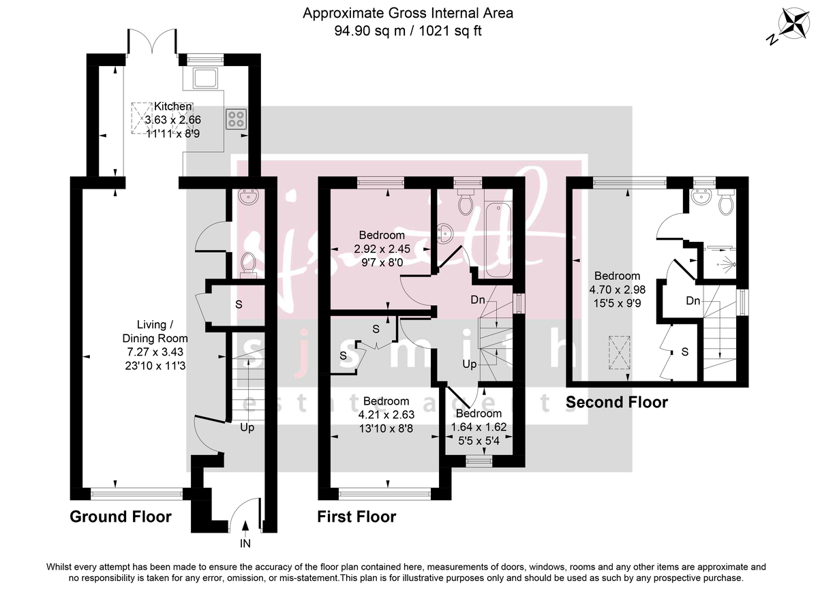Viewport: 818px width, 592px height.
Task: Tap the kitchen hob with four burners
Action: [x=236, y=120]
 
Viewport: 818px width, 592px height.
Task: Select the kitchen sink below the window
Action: [x=204, y=78]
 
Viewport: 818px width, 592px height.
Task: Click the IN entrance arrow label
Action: [x=245, y=544]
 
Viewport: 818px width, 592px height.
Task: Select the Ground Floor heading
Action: [x=121, y=517]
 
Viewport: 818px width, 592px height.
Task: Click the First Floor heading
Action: [x=357, y=517]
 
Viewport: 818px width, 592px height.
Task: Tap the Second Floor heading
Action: [x=617, y=403]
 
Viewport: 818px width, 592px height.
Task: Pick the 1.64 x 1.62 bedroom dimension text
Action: [x=479, y=427]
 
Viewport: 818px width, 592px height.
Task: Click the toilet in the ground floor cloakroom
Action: [x=249, y=263]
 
